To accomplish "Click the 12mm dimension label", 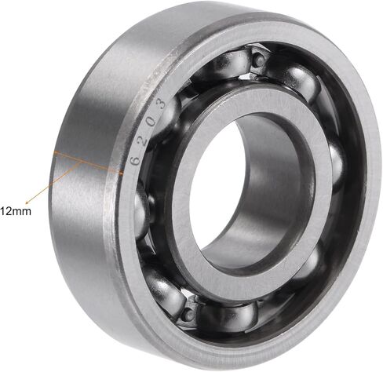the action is [16, 211].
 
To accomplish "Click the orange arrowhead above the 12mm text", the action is [27, 202].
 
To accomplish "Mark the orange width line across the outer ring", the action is [89, 162].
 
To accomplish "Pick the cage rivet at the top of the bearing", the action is [259, 60].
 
